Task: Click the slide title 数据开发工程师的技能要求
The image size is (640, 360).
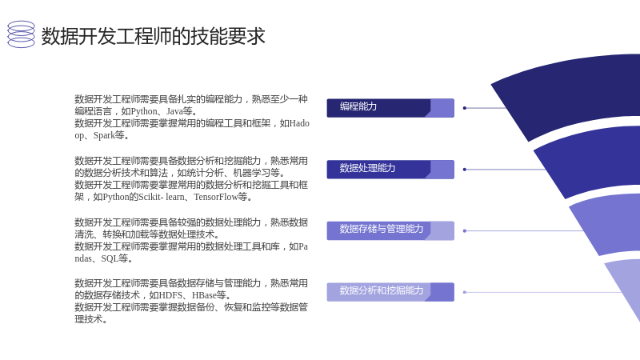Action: pyautogui.click(x=154, y=36)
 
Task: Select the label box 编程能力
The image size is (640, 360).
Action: pyautogui.click(x=390, y=108)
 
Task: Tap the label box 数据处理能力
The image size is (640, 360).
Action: pyautogui.click(x=390, y=170)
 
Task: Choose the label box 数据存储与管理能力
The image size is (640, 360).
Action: pyautogui.click(x=390, y=230)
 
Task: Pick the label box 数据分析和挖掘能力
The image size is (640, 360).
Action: pyautogui.click(x=390, y=292)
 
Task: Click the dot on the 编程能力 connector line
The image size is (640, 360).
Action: pyautogui.click(x=465, y=108)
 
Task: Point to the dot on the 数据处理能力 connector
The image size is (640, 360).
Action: pyautogui.click(x=465, y=170)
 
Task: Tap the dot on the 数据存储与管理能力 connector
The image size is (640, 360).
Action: pyautogui.click(x=465, y=231)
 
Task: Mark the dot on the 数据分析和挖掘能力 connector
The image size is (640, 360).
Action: pyautogui.click(x=465, y=292)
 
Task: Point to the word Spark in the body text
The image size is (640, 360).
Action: pyautogui.click(x=104, y=135)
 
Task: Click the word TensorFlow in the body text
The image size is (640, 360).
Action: pyautogui.click(x=216, y=197)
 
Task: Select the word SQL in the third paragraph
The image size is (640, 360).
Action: pyautogui.click(x=110, y=258)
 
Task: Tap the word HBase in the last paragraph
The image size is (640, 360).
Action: pyautogui.click(x=204, y=295)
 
